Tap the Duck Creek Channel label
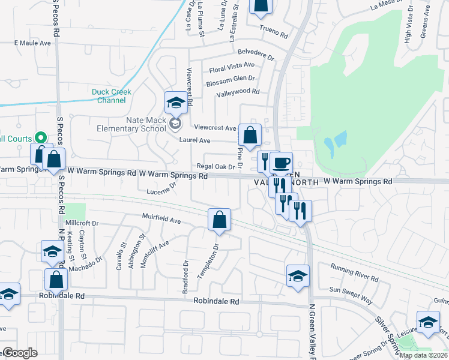pos(112,96)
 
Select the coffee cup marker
pos(280,163)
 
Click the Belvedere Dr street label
pos(255,55)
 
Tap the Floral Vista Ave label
pos(231,67)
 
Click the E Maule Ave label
pos(34,43)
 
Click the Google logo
pos(19,353)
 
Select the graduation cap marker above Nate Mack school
pos(176,103)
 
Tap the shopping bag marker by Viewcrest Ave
pos(249,135)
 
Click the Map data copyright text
pos(423,355)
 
